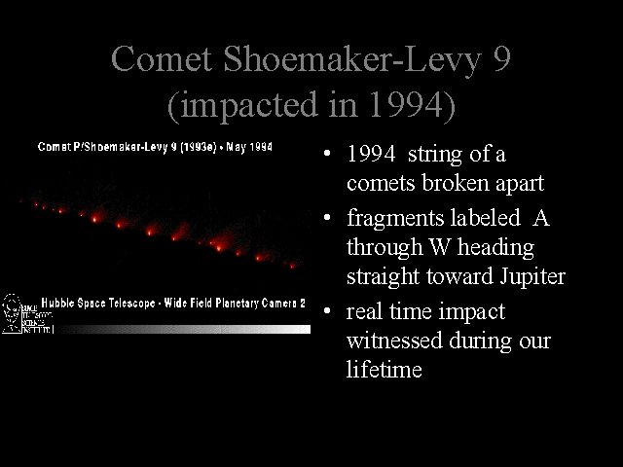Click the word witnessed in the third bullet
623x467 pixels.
click(389, 341)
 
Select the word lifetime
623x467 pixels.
click(384, 370)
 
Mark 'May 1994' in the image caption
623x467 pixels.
click(247, 147)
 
